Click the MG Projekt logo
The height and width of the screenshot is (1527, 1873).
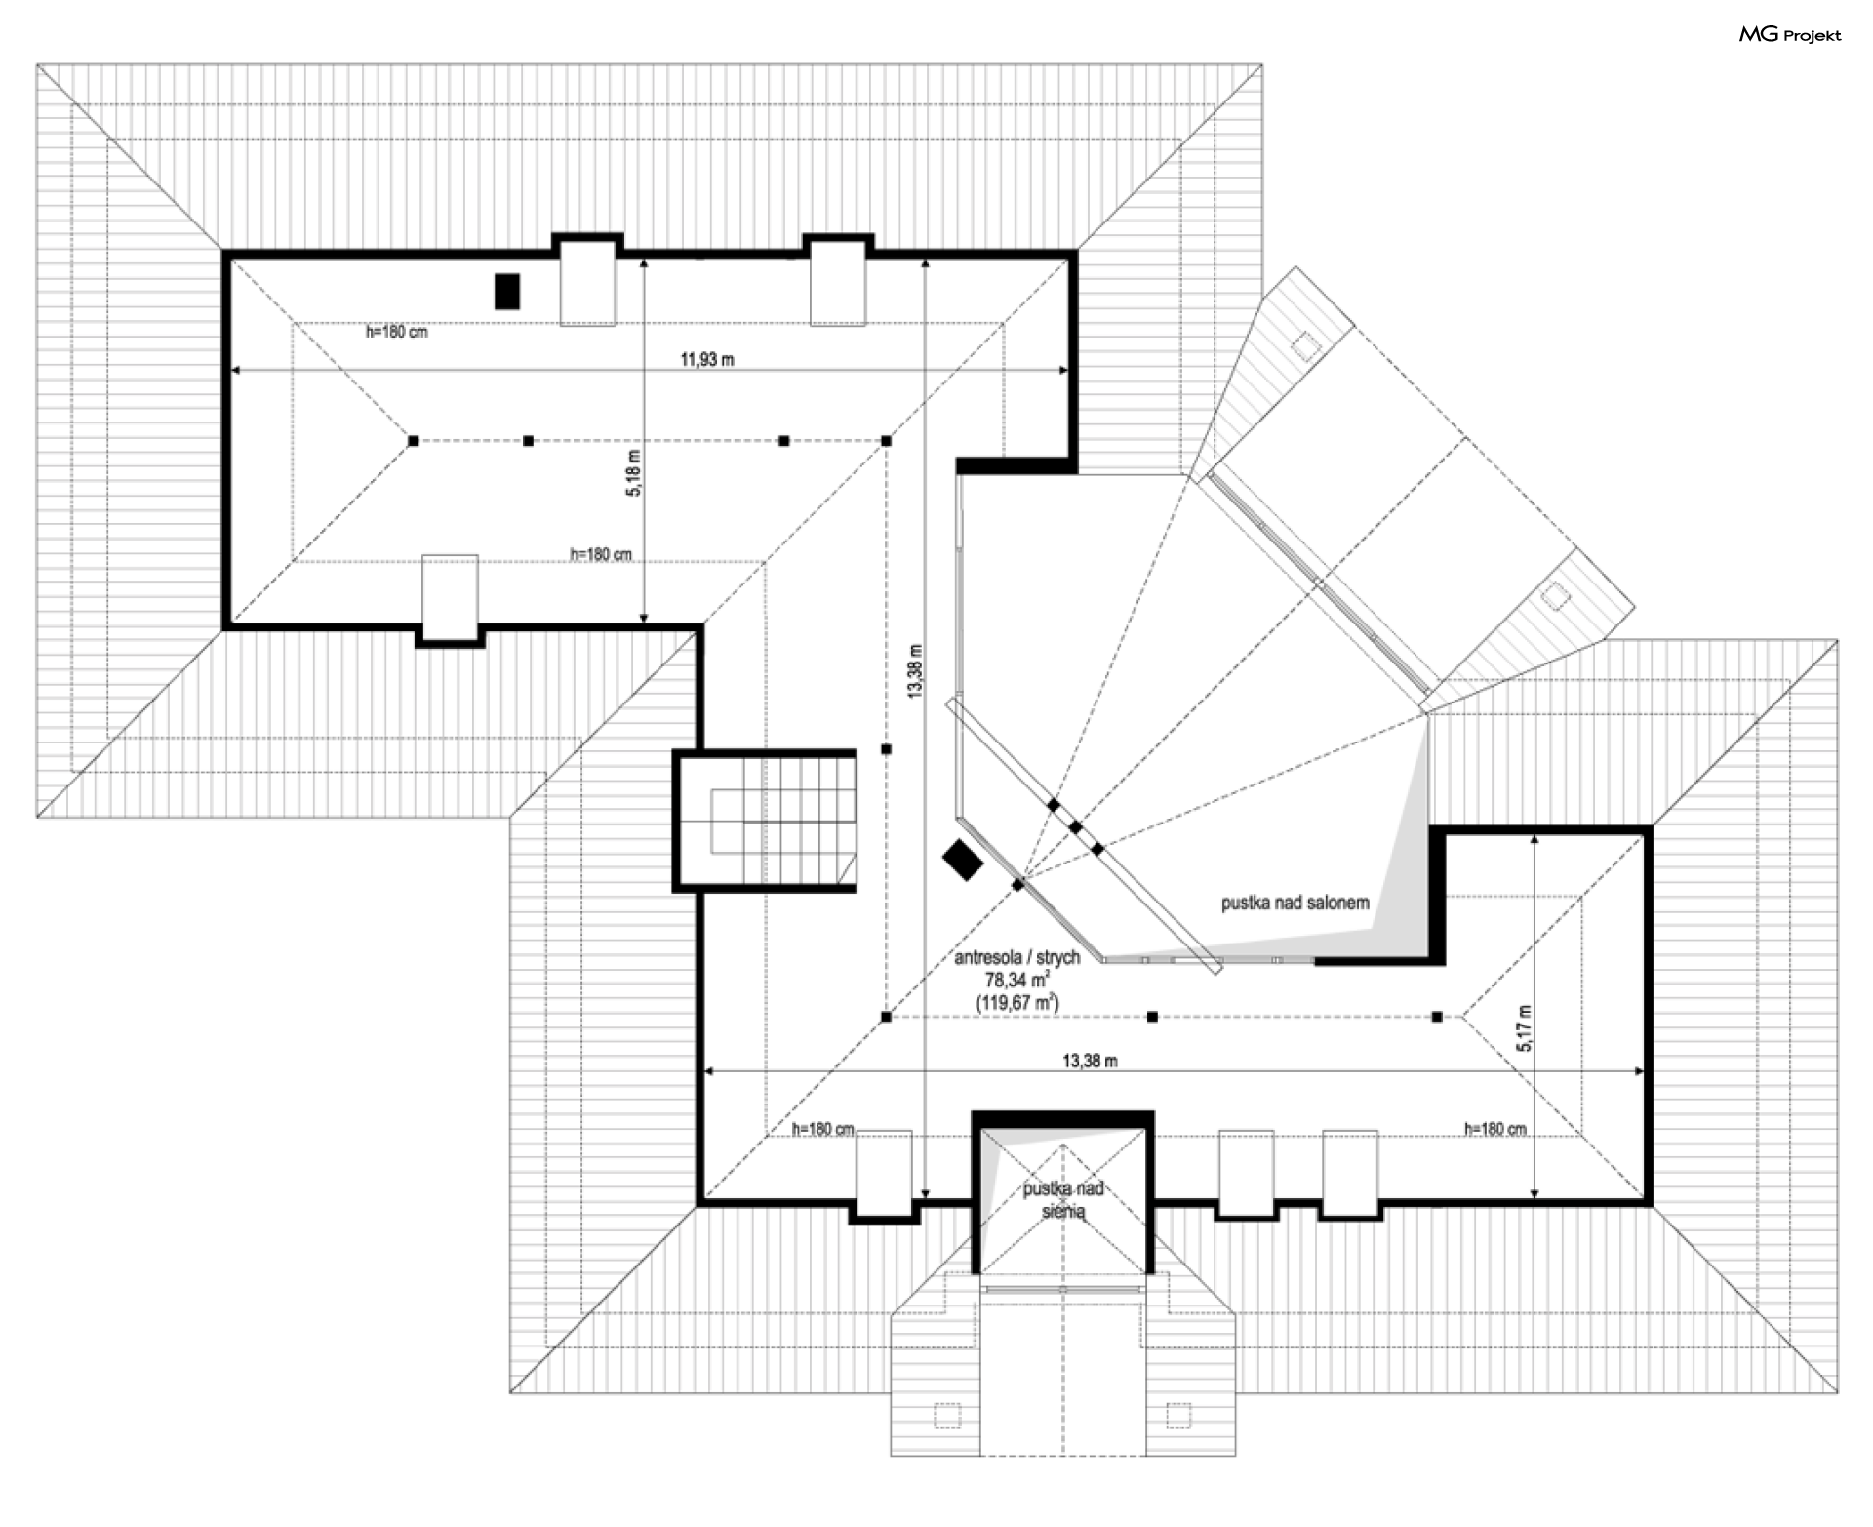point(1790,35)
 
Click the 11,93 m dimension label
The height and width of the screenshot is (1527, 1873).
point(707,359)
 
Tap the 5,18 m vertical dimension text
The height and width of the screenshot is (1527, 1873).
point(634,473)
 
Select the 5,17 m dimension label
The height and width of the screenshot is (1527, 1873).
point(1525,1027)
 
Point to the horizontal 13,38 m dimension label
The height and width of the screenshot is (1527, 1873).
point(1090,1061)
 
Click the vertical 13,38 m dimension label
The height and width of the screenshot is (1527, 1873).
point(914,670)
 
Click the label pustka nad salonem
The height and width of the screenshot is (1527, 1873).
point(1295,904)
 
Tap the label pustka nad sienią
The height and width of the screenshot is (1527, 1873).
point(1063,1199)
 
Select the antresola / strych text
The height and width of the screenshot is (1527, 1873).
point(1016,958)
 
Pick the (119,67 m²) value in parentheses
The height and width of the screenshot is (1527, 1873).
point(1016,1002)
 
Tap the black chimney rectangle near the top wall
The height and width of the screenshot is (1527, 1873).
point(506,292)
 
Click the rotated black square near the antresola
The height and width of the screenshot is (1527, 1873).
point(963,860)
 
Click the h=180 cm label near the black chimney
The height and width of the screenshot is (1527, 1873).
point(397,332)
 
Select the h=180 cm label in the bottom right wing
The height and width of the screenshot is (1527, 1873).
point(1494,1129)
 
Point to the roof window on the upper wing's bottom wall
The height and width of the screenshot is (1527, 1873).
point(450,596)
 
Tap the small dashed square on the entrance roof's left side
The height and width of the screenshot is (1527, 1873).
point(946,1415)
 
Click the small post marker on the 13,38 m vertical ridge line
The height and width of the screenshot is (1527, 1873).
point(886,749)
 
